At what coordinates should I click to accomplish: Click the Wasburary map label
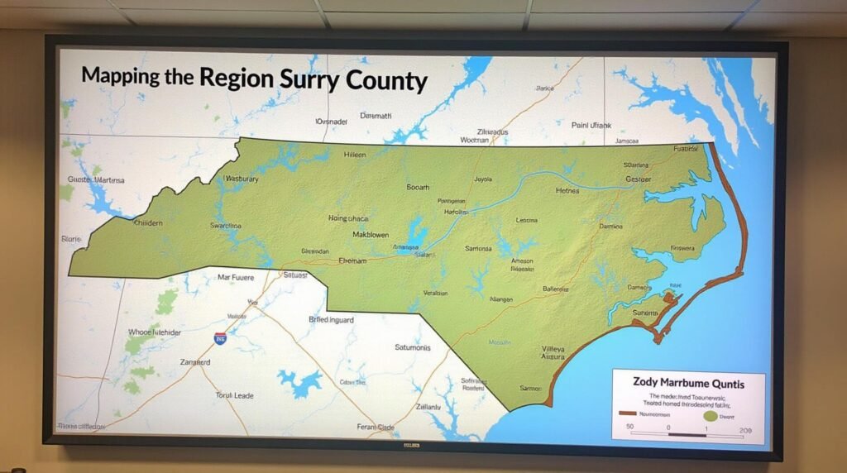coord(242,179)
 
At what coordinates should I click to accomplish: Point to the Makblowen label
coord(359,234)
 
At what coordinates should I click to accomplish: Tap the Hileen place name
coord(354,155)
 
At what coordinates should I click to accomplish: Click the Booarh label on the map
coord(419,187)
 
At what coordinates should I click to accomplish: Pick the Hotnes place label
coord(567,190)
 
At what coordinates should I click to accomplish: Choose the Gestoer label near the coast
coord(638,179)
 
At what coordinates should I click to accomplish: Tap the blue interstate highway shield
coord(220,338)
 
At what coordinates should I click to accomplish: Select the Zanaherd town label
coord(195,362)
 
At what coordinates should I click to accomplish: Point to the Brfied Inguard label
coord(331,319)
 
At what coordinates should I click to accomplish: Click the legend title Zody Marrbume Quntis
coord(688,384)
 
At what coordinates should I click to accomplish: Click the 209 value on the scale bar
coord(745,431)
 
